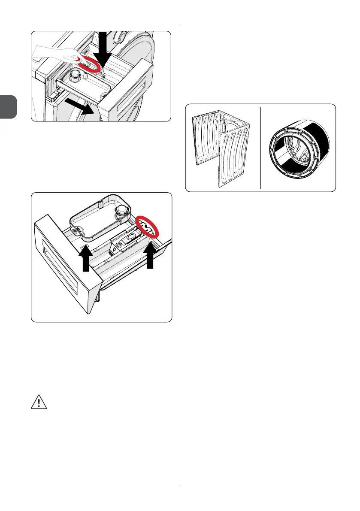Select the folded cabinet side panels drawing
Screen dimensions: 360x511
click(x=221, y=148)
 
